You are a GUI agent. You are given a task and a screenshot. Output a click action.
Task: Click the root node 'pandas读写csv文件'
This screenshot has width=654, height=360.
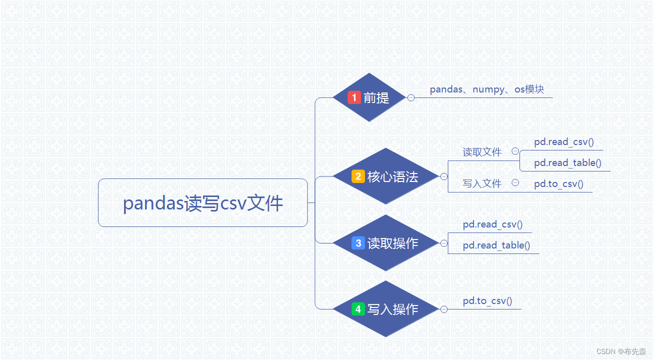click(x=202, y=203)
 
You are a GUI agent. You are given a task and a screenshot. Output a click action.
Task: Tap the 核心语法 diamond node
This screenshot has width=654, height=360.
click(x=385, y=176)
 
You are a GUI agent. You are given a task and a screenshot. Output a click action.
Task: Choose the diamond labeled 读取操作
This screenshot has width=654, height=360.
click(x=385, y=243)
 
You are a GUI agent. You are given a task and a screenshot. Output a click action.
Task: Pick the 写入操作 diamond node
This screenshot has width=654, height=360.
click(x=385, y=309)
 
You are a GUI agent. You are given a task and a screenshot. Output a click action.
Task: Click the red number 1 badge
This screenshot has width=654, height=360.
click(x=354, y=97)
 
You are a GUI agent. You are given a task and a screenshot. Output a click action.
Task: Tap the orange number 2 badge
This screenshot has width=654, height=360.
click(x=358, y=176)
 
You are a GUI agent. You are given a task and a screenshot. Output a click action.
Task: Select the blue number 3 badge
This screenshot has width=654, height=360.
click(x=358, y=243)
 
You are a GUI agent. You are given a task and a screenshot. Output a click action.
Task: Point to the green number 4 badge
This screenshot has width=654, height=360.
click(x=358, y=309)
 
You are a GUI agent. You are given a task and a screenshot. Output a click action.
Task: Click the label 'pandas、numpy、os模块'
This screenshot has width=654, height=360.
click(x=486, y=90)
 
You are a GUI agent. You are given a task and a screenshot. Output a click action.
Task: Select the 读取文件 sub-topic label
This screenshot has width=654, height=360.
click(x=482, y=152)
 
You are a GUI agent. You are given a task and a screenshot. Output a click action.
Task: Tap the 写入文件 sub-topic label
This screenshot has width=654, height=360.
click(x=482, y=184)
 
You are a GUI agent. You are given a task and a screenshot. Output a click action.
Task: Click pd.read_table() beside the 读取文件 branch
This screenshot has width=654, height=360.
click(x=567, y=163)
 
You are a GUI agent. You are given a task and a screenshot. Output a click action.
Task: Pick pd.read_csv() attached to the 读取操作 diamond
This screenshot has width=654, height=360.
click(x=492, y=224)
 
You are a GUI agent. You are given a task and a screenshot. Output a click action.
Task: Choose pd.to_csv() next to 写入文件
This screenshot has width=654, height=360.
click(x=558, y=184)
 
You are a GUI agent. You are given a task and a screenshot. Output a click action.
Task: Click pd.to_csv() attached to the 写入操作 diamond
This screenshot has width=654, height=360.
click(x=487, y=301)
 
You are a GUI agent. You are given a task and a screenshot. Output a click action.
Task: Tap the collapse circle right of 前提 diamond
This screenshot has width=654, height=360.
click(x=411, y=98)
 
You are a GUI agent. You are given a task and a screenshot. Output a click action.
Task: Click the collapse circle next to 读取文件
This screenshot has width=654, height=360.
click(x=515, y=151)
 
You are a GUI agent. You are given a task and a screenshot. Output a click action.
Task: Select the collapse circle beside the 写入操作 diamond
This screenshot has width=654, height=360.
click(x=443, y=309)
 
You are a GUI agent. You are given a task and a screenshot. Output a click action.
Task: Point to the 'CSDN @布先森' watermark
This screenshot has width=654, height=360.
click(x=621, y=351)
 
